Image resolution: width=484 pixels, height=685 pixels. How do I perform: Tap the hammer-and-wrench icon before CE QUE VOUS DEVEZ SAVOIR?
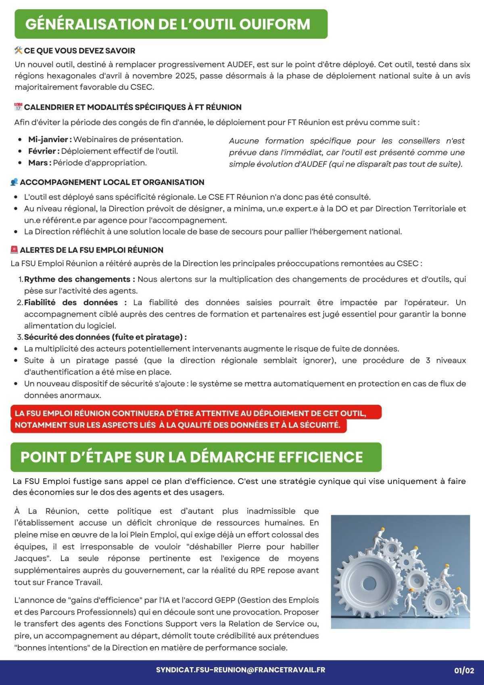pos(18,50)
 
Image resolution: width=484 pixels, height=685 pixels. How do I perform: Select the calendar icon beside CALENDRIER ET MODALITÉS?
pos(18,107)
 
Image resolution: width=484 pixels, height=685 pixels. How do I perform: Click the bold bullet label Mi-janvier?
pos(50,139)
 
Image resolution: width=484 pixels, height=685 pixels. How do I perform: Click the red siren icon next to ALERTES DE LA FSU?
pos(14,250)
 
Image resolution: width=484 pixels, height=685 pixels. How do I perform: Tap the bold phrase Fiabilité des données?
pos(75,302)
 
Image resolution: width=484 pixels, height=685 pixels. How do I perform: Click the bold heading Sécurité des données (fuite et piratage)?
pos(105,337)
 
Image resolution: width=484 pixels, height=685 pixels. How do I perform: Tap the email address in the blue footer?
pos(240,670)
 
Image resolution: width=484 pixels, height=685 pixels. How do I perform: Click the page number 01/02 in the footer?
pos(464,671)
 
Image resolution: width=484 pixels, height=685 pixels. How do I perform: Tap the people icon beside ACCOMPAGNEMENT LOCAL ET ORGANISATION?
pos(14,182)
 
